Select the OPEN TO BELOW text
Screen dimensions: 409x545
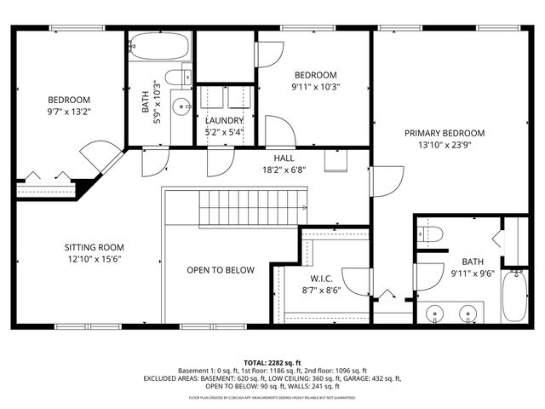pos(221,270)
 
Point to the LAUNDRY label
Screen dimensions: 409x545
pos(224,120)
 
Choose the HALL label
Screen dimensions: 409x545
pos(284,158)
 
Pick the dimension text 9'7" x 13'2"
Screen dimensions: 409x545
pos(69,111)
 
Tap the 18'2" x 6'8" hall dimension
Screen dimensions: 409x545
pos(284,170)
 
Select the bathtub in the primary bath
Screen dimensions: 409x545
pos(513,297)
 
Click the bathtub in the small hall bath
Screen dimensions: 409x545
pos(159,45)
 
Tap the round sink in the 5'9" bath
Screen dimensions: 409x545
pos(181,107)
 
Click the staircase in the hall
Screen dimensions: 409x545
pos(251,206)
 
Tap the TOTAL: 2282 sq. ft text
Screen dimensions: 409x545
pos(272,362)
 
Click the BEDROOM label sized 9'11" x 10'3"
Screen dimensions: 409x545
pos(315,74)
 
